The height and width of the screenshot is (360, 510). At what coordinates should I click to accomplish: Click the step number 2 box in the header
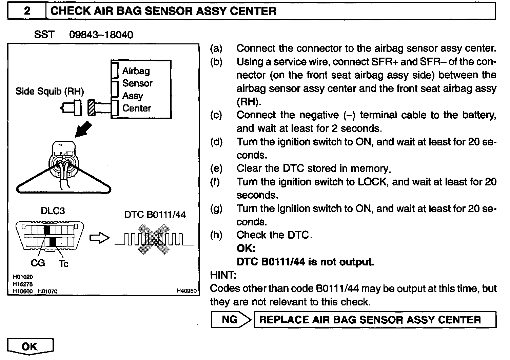(27, 11)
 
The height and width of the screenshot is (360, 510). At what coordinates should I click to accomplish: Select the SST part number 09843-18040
(101, 35)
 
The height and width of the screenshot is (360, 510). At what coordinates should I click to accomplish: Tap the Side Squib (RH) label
(50, 91)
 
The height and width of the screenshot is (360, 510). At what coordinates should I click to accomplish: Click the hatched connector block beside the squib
(91, 108)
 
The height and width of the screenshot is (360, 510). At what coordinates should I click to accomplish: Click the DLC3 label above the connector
(53, 211)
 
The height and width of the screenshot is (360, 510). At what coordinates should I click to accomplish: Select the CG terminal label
(38, 263)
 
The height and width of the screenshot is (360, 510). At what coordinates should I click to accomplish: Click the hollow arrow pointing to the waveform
(99, 238)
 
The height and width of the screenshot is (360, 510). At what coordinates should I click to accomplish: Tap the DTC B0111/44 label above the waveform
(155, 215)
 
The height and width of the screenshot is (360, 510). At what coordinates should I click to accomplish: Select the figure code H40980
(186, 291)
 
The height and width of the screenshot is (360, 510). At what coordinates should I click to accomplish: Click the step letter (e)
(216, 168)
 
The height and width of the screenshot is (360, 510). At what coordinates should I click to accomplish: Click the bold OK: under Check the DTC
(246, 248)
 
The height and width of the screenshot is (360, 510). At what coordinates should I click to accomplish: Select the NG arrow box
(231, 320)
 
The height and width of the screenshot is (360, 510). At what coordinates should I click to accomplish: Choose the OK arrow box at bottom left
(30, 346)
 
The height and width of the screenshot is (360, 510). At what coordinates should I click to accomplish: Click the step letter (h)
(216, 235)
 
